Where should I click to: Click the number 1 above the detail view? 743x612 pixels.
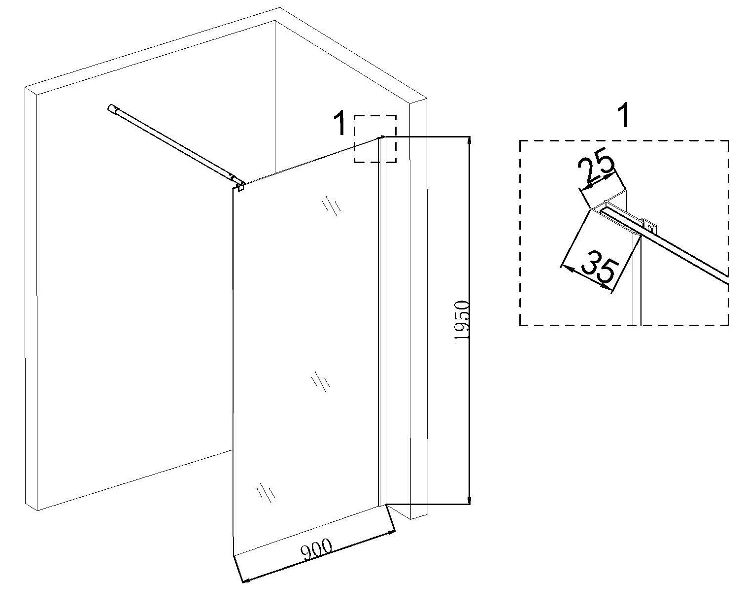tap(624, 116)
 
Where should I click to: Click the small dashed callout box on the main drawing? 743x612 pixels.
tap(375, 138)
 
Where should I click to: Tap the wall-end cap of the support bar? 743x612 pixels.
tap(112, 108)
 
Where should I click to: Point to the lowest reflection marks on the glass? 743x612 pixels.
tap(266, 493)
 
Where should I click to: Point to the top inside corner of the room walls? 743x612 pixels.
tap(274, 21)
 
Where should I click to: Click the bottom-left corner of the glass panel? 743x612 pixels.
tap(232, 555)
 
